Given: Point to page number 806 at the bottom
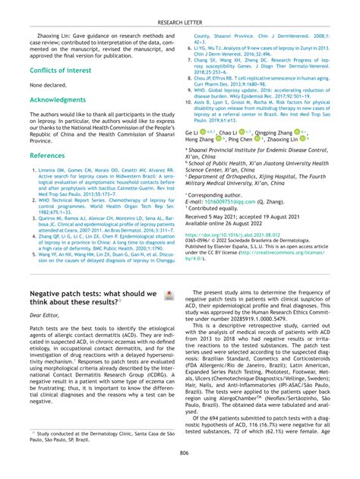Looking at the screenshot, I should click(179, 453).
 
